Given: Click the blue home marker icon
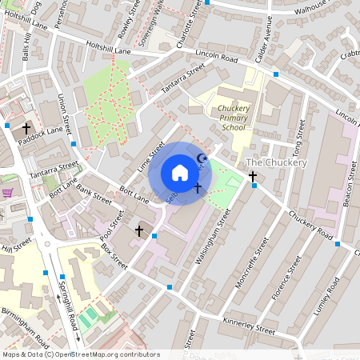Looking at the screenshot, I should click(x=180, y=173).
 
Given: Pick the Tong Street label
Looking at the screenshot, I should click(x=298, y=138).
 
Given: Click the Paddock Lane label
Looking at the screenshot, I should click(x=43, y=130).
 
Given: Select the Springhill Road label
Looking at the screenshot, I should click(x=68, y=305).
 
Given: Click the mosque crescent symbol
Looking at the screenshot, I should click(x=202, y=160).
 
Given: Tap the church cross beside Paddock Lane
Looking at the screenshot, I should click(x=26, y=128).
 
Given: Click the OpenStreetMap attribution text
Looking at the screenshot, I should click(x=81, y=354).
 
